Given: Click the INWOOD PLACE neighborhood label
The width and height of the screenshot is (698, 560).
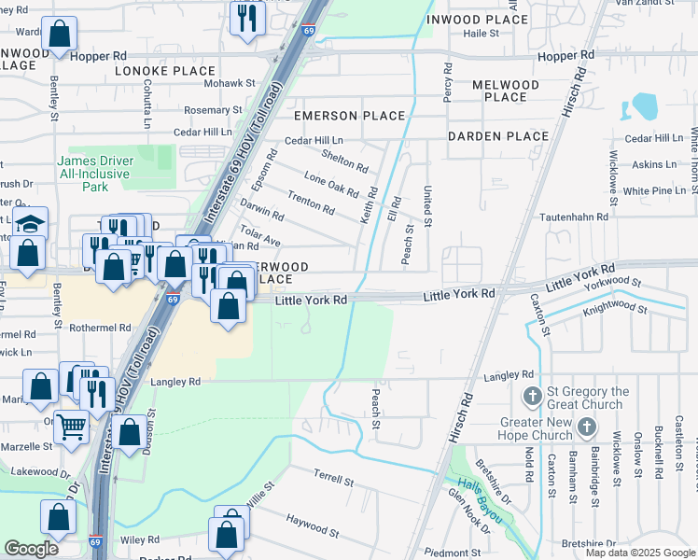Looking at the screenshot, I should point(477,20).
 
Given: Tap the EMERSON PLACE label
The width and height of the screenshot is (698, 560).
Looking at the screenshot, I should point(350,116).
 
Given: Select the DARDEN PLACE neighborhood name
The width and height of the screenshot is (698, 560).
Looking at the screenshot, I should point(497,136).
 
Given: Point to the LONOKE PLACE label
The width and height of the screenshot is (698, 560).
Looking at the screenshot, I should point(165,71).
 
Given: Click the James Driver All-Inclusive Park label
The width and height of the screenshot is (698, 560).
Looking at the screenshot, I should point(95,174).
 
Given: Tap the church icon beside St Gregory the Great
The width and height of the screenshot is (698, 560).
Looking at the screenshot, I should point(532,397).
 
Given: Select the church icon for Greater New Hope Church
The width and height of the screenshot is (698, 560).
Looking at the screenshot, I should point(586,428).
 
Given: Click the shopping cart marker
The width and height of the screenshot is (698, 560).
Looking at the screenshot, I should point(72,427).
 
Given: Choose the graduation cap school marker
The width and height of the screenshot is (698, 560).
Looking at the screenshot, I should point(30,223).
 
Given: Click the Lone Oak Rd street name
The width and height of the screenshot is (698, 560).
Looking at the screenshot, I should point(331,183).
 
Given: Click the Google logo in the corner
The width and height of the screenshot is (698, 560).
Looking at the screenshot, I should point(31,549).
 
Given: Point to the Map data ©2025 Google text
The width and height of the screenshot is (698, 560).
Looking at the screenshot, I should point(639,553).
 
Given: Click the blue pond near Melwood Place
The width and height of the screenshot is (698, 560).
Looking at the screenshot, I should point(645,106).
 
